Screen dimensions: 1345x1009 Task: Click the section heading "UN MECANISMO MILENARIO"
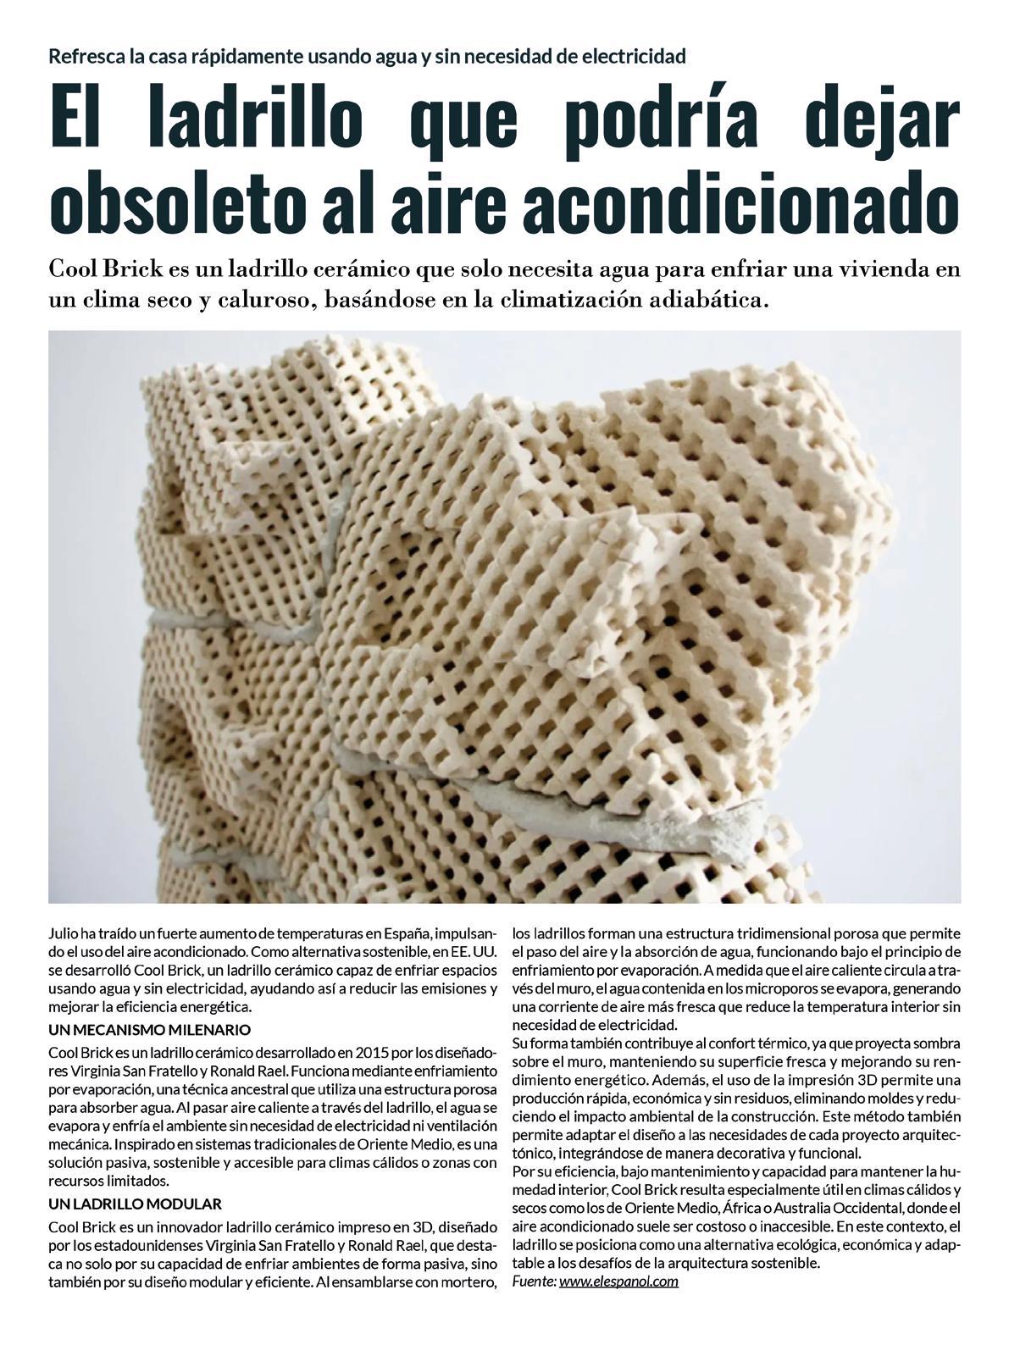click(x=150, y=1030)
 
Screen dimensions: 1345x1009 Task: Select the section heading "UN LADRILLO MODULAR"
click(x=135, y=1204)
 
